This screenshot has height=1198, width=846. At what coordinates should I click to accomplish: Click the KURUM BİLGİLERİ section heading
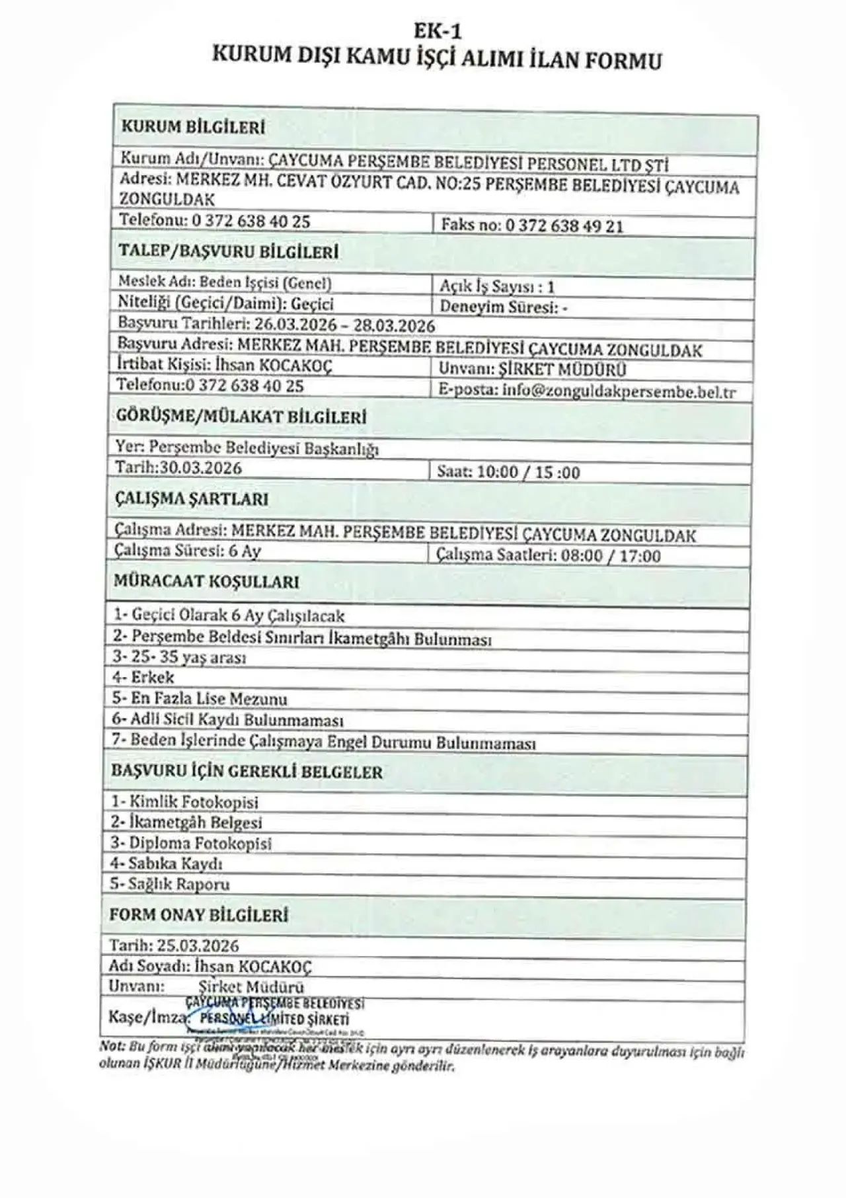pos(193,128)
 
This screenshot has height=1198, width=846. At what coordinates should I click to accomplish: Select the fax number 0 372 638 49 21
pos(564,226)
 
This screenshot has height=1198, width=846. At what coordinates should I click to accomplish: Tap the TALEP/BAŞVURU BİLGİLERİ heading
pos(228,252)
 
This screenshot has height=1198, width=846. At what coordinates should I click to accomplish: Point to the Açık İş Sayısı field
pos(497,286)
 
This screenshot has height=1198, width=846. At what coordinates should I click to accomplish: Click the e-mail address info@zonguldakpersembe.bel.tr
pos(619,391)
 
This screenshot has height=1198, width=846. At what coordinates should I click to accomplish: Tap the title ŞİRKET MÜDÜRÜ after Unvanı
pos(562,370)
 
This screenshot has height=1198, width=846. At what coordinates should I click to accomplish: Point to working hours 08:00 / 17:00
pos(610,555)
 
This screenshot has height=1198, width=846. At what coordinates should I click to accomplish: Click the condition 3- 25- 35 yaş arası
pos(179,658)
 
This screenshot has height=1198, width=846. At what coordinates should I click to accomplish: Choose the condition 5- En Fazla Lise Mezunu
pos(200,699)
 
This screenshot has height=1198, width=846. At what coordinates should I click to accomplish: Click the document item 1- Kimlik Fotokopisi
pos(184,802)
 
